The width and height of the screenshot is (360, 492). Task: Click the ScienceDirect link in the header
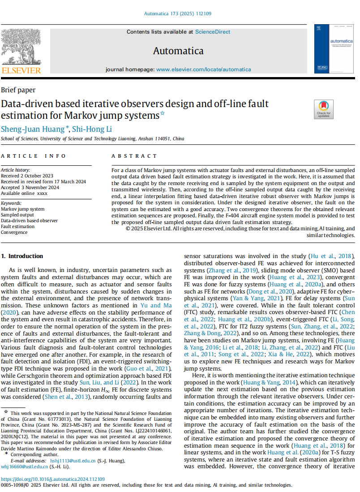(x=213, y=32)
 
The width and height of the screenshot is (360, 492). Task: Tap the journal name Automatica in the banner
(x=178, y=51)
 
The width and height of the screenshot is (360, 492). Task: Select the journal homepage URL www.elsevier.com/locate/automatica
(x=203, y=69)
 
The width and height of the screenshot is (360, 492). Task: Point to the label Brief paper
(x=18, y=90)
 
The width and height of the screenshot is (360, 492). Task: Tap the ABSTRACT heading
(x=134, y=156)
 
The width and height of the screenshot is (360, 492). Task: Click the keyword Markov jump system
(x=23, y=209)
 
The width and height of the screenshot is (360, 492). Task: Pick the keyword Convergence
(x=14, y=232)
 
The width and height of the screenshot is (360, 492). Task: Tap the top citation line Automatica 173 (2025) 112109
(x=178, y=14)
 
